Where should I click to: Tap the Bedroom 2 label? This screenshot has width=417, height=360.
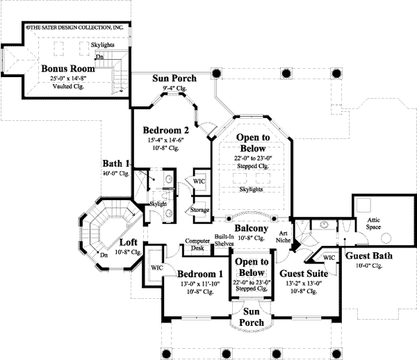167,130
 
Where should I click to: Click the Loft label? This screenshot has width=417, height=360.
128,243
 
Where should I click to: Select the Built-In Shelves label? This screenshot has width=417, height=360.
224,240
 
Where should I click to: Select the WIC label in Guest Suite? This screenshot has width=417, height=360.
329,257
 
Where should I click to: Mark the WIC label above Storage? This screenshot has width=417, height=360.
199,181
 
